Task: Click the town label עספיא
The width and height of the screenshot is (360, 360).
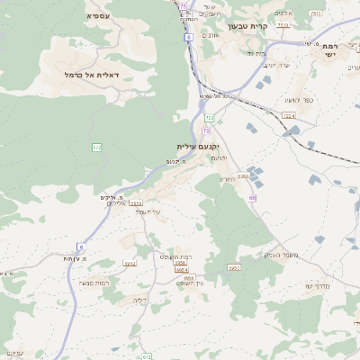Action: [x=98, y=16]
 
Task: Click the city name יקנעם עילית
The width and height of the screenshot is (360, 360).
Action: [x=198, y=146]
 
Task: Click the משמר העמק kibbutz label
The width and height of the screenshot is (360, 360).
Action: [x=262, y=255]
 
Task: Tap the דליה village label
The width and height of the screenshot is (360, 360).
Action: [x=139, y=300]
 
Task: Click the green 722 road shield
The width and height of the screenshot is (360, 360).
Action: [x=210, y=117]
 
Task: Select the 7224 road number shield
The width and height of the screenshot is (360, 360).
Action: [x=289, y=115]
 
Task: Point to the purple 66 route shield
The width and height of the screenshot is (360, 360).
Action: [x=253, y=197]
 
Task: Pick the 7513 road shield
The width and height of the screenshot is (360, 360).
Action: [x=315, y=13]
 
